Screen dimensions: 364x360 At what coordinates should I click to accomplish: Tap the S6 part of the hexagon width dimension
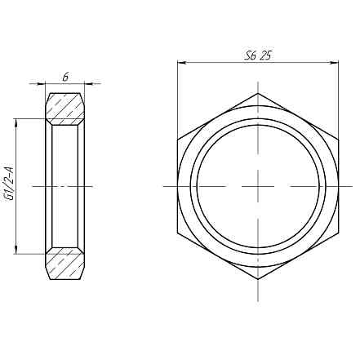click(x=251, y=56)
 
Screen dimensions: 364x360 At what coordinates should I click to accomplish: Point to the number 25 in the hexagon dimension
click(x=266, y=56)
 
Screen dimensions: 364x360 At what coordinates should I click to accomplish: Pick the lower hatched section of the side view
click(x=64, y=266)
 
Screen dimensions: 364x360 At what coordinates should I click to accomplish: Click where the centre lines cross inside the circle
click(x=258, y=186)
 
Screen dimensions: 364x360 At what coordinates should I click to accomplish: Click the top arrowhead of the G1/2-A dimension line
click(x=18, y=122)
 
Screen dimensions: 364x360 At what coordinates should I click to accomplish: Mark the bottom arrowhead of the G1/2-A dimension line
click(x=18, y=250)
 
